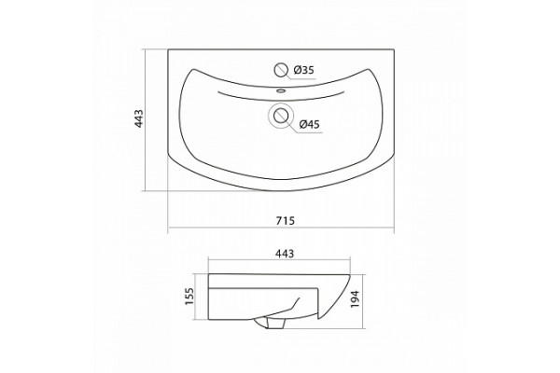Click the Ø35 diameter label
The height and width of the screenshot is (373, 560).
coord(303,70)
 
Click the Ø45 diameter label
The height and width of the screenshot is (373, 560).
coord(309,124)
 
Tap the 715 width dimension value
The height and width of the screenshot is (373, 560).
coord(286,221)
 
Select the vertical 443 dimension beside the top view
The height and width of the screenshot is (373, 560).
coord(138,118)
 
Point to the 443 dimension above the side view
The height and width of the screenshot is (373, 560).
coord(285,254)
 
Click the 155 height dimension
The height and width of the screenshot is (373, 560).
coord(189,297)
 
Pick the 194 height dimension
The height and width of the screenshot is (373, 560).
coord(355,299)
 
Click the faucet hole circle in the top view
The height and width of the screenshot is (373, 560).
coord(281,70)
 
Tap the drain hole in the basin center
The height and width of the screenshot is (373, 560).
coord(281,116)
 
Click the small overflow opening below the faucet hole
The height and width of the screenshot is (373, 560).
coord(281,90)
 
